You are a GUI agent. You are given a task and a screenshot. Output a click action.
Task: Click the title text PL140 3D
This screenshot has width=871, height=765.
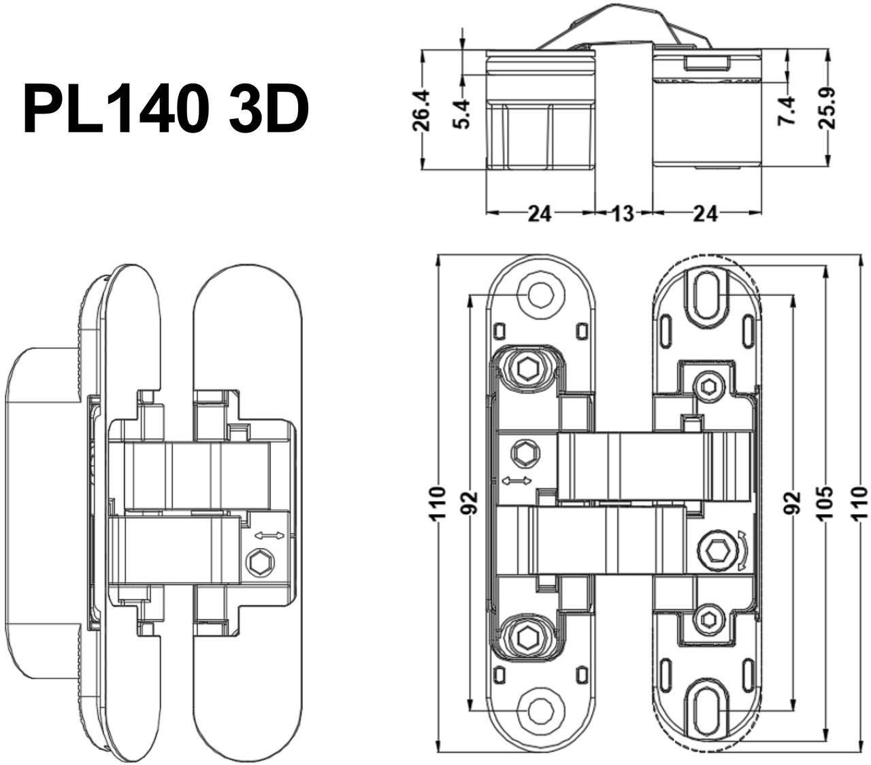click(x=165, y=109)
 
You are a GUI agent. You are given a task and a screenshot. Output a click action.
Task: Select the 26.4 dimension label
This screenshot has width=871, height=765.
click(x=422, y=110)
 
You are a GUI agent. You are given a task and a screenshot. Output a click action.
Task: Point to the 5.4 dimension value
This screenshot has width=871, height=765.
click(x=462, y=113)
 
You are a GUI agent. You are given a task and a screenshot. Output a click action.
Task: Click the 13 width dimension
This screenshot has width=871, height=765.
click(x=623, y=214)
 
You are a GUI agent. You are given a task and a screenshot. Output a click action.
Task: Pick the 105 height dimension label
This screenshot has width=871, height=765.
click(x=825, y=503)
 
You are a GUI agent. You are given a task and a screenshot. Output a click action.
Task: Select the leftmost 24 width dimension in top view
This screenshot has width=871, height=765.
click(x=539, y=214)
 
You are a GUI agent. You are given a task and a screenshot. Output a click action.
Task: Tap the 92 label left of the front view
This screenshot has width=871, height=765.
click(x=470, y=503)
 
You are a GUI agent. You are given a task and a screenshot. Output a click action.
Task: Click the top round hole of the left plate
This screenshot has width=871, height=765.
click(x=541, y=294)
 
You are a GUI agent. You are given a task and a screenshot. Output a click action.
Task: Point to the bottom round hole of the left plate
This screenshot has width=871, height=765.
click(x=541, y=711)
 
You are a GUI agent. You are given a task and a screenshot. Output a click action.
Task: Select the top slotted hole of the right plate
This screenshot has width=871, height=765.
click(x=708, y=292)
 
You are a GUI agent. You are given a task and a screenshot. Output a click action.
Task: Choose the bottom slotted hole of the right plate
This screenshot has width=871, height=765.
click(x=708, y=711)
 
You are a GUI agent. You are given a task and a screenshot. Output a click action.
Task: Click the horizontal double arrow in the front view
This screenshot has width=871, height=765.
click(x=516, y=481)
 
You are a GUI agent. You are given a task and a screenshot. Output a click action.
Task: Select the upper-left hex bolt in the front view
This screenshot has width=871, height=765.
click(x=527, y=369)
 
